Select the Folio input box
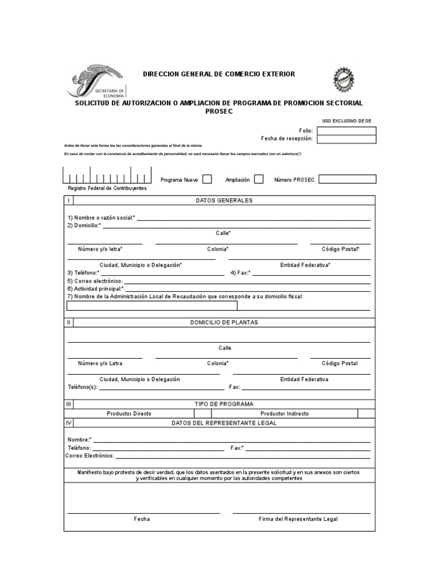point(346,130)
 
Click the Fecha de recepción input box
point(346,138)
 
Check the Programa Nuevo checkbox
point(207,179)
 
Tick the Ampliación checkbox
point(258,179)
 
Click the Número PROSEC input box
point(347,179)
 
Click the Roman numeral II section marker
point(69,322)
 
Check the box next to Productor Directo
point(202,413)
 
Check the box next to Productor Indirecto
point(366,413)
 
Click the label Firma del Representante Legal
point(298,519)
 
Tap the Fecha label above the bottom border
point(142,519)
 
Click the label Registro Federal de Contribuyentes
point(107,188)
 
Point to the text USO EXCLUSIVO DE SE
point(346,121)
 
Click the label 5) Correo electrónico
point(95,282)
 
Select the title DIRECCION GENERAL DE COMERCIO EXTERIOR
point(219,74)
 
